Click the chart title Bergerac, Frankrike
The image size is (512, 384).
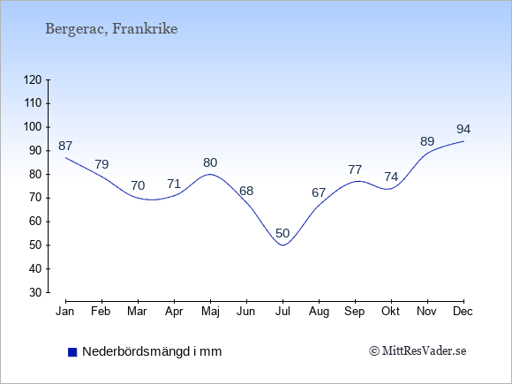[x=111, y=29]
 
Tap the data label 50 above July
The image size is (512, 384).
[x=282, y=233]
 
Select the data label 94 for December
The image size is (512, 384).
[x=463, y=129]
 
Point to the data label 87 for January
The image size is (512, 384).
[x=65, y=146]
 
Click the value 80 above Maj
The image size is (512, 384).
[x=210, y=162]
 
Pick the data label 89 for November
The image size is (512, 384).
[x=427, y=141]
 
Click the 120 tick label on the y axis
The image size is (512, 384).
[x=33, y=79]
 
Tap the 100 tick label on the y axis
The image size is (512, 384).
[x=33, y=127]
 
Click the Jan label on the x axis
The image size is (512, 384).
[x=65, y=312]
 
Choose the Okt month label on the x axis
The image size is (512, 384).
[x=390, y=312]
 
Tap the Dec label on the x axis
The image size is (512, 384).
[x=463, y=312]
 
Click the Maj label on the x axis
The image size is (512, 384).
[x=210, y=312]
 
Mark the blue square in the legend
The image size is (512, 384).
[x=72, y=352]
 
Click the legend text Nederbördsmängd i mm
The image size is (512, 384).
[x=152, y=351]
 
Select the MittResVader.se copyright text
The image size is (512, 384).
[x=418, y=351]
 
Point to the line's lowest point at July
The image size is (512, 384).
[x=282, y=245]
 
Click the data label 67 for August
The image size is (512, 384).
[x=319, y=192]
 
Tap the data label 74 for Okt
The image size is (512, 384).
[x=391, y=177]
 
